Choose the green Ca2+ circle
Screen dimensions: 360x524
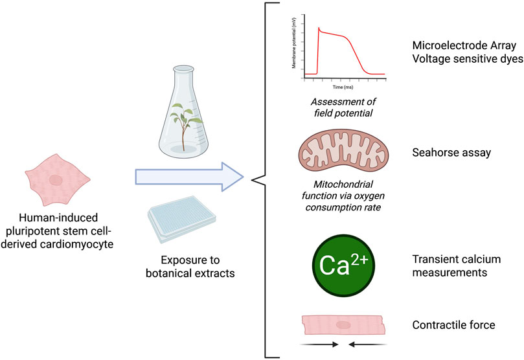[341, 265]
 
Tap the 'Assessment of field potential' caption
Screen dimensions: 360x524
[341, 107]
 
